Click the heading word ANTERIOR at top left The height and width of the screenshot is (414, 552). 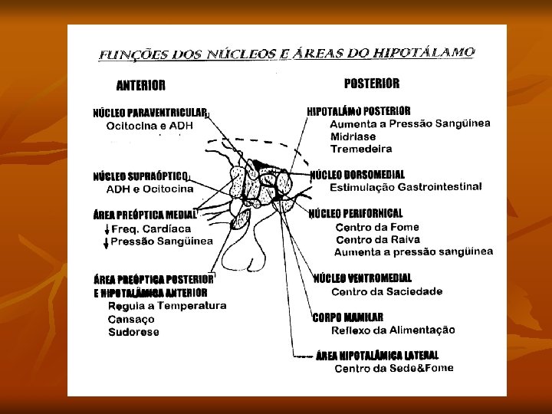(x=140, y=85)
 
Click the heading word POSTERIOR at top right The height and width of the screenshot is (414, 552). (x=372, y=84)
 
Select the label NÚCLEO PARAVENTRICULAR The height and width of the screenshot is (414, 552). (x=149, y=113)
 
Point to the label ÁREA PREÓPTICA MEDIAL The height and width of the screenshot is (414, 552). (x=144, y=215)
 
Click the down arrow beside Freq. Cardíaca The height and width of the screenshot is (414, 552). (x=106, y=229)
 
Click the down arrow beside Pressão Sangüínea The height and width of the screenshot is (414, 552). (x=106, y=242)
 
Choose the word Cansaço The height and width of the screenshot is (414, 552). (x=131, y=319)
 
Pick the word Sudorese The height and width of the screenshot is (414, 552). (x=133, y=332)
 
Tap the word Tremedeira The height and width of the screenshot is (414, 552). (x=360, y=149)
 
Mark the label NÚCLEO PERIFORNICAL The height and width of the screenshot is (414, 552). (x=356, y=213)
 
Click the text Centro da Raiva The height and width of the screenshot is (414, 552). (x=372, y=240)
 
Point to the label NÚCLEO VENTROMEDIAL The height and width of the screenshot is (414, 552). (x=363, y=278)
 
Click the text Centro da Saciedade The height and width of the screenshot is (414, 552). (x=386, y=291)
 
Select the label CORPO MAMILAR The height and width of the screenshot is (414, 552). (x=347, y=317)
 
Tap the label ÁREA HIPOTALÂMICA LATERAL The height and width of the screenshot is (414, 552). (x=377, y=355)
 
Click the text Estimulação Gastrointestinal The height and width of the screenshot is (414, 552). (x=406, y=187)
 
